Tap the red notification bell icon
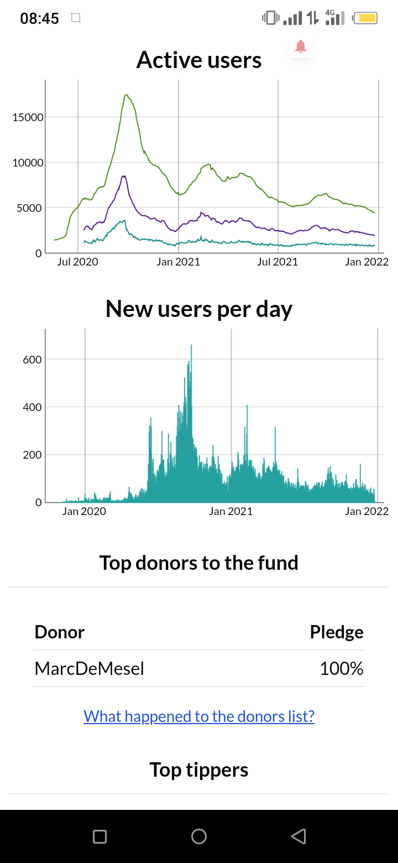[x=301, y=46]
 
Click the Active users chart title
[x=199, y=60]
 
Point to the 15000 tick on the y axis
[x=28, y=117]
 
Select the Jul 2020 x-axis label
[x=78, y=262]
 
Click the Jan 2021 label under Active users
[x=178, y=262]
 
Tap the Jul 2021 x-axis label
[x=277, y=262]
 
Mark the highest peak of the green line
[x=126, y=95]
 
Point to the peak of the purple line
[x=124, y=176]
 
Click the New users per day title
[x=199, y=309]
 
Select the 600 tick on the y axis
[x=32, y=360]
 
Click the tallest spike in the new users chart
[x=191, y=345]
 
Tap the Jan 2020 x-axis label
[x=84, y=511]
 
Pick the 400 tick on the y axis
[x=32, y=407]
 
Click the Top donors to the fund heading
[x=199, y=563]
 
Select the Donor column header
[x=60, y=632]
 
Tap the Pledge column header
[x=337, y=632]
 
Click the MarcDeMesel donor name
[x=90, y=668]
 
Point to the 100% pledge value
[x=342, y=668]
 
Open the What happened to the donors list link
[x=199, y=716]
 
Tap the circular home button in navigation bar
[x=199, y=836]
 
